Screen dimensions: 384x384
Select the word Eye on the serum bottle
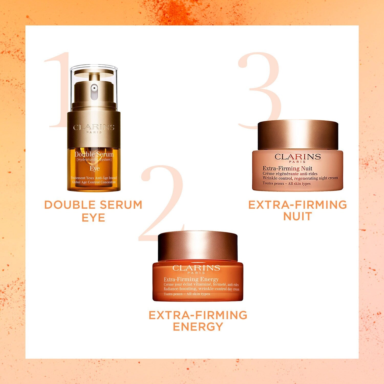click(94, 168)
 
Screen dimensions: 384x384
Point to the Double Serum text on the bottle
click(94, 154)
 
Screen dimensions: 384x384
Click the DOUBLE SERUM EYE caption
click(93, 211)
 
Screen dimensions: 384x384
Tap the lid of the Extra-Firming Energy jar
click(198, 246)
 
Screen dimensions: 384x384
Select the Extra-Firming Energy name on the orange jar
click(191, 279)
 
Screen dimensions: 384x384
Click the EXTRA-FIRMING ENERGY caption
click(198, 321)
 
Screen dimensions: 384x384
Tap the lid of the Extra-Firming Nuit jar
click(298, 135)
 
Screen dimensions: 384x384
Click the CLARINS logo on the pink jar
click(297, 156)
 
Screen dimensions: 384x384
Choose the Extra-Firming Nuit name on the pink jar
click(287, 168)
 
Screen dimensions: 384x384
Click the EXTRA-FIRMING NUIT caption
click(298, 210)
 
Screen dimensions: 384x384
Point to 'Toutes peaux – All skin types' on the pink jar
click(286, 184)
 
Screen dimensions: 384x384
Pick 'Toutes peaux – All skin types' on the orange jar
click(187, 294)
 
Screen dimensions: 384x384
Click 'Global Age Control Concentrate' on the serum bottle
click(94, 182)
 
